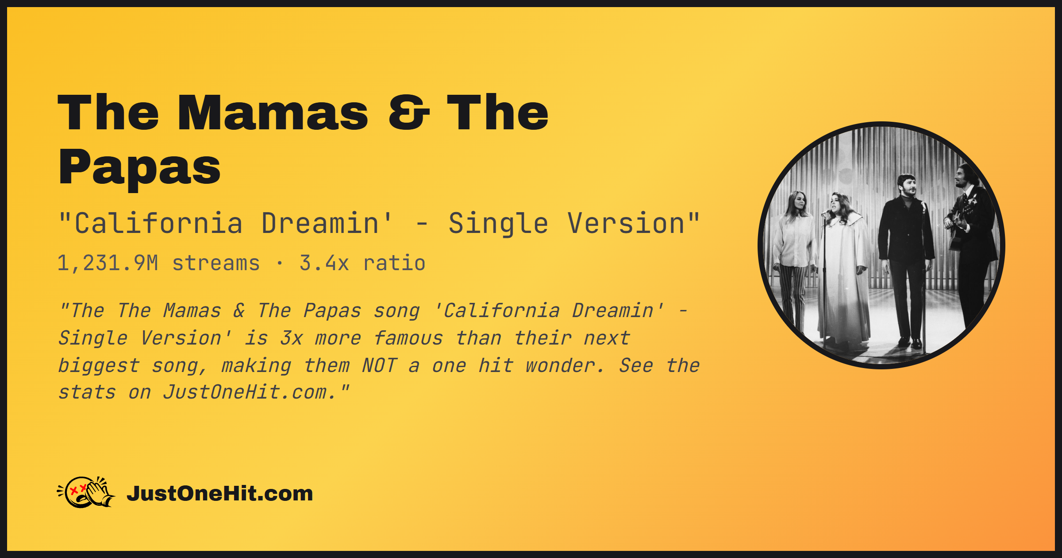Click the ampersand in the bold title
click(409, 112)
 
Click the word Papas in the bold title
click(139, 167)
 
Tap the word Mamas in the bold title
click(273, 112)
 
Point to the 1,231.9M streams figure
click(158, 263)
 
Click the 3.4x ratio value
click(362, 263)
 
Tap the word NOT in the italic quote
click(380, 366)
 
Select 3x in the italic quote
click(292, 338)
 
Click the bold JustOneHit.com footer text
click(219, 493)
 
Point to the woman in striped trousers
click(794, 261)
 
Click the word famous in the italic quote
click(408, 338)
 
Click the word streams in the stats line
click(215, 264)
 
